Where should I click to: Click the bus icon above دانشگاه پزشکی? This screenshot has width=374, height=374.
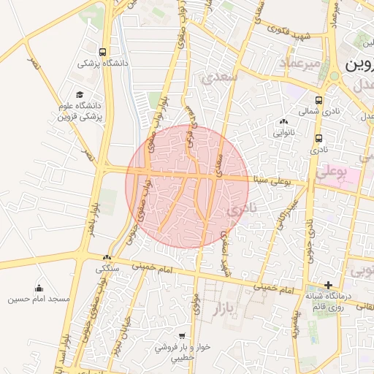click(x=102, y=52)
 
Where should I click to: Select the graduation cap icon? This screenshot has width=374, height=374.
click(x=79, y=95)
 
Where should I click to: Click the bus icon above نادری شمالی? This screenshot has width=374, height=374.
click(x=318, y=100)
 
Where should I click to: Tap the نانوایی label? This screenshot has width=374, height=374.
click(x=283, y=133)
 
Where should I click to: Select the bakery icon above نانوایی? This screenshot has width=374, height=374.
click(x=283, y=121)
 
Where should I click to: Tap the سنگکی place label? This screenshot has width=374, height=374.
click(x=108, y=268)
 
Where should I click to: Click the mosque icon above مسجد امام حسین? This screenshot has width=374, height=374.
click(x=39, y=288)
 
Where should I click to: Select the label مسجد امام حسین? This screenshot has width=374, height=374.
click(x=39, y=299)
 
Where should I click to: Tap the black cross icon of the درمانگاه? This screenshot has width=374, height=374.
click(x=329, y=284)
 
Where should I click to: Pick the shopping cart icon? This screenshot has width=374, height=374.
click(x=182, y=336)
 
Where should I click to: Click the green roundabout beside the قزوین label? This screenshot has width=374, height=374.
click(x=334, y=76)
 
